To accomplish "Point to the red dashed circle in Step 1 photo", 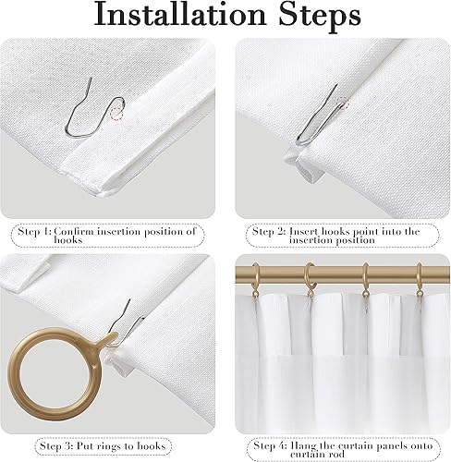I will pyautogui.click(x=118, y=113).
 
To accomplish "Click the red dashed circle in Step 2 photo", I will pyautogui.click(x=344, y=103).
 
